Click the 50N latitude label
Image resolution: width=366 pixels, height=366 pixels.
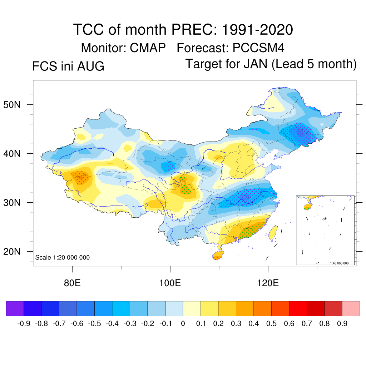pyautogui.click(x=12, y=105)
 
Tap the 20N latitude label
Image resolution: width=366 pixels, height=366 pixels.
pyautogui.click(x=12, y=252)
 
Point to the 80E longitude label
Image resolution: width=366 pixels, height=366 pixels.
pyautogui.click(x=72, y=283)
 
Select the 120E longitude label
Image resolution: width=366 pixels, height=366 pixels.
pyautogui.click(x=268, y=283)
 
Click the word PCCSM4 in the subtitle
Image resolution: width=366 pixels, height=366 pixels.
pyautogui.click(x=258, y=48)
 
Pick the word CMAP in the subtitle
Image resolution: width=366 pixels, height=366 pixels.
pyautogui.click(x=148, y=48)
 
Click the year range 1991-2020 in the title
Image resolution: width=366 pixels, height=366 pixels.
pyautogui.click(x=257, y=30)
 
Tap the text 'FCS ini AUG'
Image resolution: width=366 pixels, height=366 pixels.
pyautogui.click(x=68, y=66)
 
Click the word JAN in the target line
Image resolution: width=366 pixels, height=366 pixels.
pyautogui.click(x=256, y=64)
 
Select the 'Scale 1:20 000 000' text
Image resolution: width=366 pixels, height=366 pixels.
pyautogui.click(x=62, y=257)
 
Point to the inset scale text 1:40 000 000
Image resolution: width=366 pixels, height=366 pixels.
pyautogui.click(x=340, y=263)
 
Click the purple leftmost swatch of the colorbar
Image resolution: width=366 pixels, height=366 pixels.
pyautogui.click(x=15, y=308)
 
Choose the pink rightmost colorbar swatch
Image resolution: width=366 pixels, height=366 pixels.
pyautogui.click(x=351, y=308)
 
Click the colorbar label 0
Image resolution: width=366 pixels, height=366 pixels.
pyautogui.click(x=183, y=323)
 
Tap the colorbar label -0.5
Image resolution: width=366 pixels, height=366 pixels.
pyautogui.click(x=95, y=323)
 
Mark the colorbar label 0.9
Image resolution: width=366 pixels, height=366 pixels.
pyautogui.click(x=342, y=323)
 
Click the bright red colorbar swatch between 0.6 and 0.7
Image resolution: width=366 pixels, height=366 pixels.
pyautogui.click(x=298, y=308)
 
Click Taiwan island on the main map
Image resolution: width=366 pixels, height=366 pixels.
pyautogui.click(x=273, y=233)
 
